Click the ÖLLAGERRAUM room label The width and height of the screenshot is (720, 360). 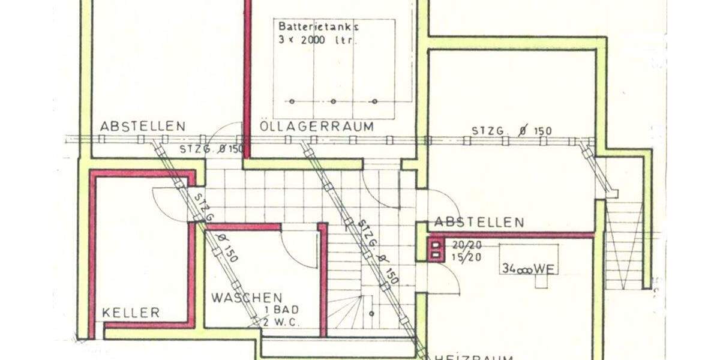(x=317, y=127)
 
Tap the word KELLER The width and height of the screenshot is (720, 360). (x=131, y=313)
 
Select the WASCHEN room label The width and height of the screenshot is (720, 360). (x=247, y=298)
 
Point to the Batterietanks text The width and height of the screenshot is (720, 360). (x=318, y=26)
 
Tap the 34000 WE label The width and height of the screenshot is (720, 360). (x=529, y=269)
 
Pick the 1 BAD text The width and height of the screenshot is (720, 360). (x=281, y=310)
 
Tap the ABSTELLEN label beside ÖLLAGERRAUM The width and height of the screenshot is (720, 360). (x=143, y=127)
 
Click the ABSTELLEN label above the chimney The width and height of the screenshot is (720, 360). (x=479, y=223)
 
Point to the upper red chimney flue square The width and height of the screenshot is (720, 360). (x=436, y=245)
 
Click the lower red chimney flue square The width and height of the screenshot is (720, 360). (x=436, y=256)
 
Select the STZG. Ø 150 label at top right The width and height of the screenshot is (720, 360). (x=511, y=131)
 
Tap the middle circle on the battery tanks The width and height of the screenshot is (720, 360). (x=334, y=101)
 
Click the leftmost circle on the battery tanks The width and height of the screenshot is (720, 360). (x=292, y=101)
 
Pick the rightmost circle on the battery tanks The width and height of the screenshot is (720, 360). (x=375, y=101)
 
